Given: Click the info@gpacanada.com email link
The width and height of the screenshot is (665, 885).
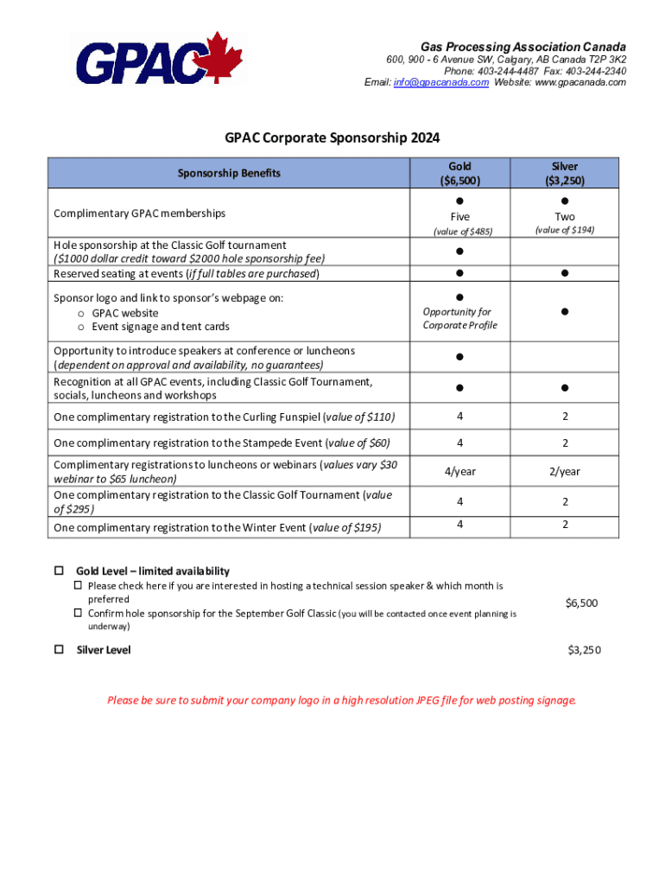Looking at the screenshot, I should (x=441, y=82).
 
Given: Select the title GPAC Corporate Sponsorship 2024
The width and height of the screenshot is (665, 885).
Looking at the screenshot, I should (x=332, y=137).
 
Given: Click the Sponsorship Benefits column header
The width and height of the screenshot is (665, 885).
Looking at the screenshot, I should (x=229, y=173).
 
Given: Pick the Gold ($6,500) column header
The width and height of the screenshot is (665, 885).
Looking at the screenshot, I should (x=460, y=173).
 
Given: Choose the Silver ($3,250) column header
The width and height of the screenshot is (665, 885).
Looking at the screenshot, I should (x=566, y=173).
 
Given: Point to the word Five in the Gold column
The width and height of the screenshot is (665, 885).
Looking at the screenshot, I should (x=460, y=217).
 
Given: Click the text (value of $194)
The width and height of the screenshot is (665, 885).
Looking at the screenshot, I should (x=566, y=230).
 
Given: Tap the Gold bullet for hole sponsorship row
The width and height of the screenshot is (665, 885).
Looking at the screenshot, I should (x=460, y=251).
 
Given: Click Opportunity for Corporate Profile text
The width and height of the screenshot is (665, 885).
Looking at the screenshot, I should (x=457, y=318).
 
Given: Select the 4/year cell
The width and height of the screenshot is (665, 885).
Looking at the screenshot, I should (x=460, y=472).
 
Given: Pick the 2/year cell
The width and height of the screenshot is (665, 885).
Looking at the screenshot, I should (x=566, y=472).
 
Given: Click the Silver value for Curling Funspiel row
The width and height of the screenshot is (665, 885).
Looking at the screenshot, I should (x=566, y=417).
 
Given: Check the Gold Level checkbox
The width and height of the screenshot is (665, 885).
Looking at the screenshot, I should (x=60, y=571).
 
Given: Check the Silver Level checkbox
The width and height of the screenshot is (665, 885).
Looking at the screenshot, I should (x=60, y=649).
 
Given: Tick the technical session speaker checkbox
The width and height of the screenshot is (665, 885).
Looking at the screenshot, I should (x=77, y=586).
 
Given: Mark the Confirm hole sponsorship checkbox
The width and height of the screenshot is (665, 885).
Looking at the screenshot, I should (x=77, y=614).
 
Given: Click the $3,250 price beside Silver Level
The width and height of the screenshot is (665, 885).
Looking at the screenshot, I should (x=584, y=650).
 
